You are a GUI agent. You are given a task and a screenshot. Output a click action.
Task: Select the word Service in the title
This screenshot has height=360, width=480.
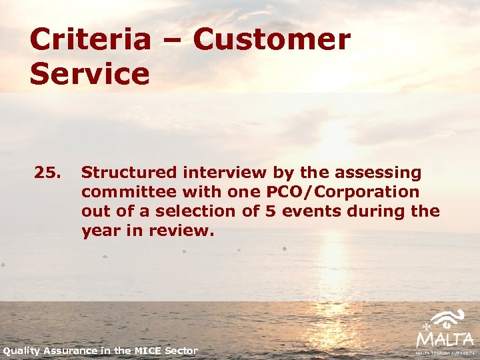point(89,74)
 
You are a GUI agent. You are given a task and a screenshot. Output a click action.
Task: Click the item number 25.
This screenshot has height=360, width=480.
point(47,173)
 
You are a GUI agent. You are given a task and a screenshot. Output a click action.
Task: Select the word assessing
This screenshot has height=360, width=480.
point(379,173)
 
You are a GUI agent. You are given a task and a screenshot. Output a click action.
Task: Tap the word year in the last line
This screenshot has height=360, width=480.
point(99,231)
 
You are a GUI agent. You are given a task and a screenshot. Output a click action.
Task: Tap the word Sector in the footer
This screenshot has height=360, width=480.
point(183,351)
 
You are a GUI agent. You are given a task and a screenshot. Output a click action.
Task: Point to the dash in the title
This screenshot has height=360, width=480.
point(172,41)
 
